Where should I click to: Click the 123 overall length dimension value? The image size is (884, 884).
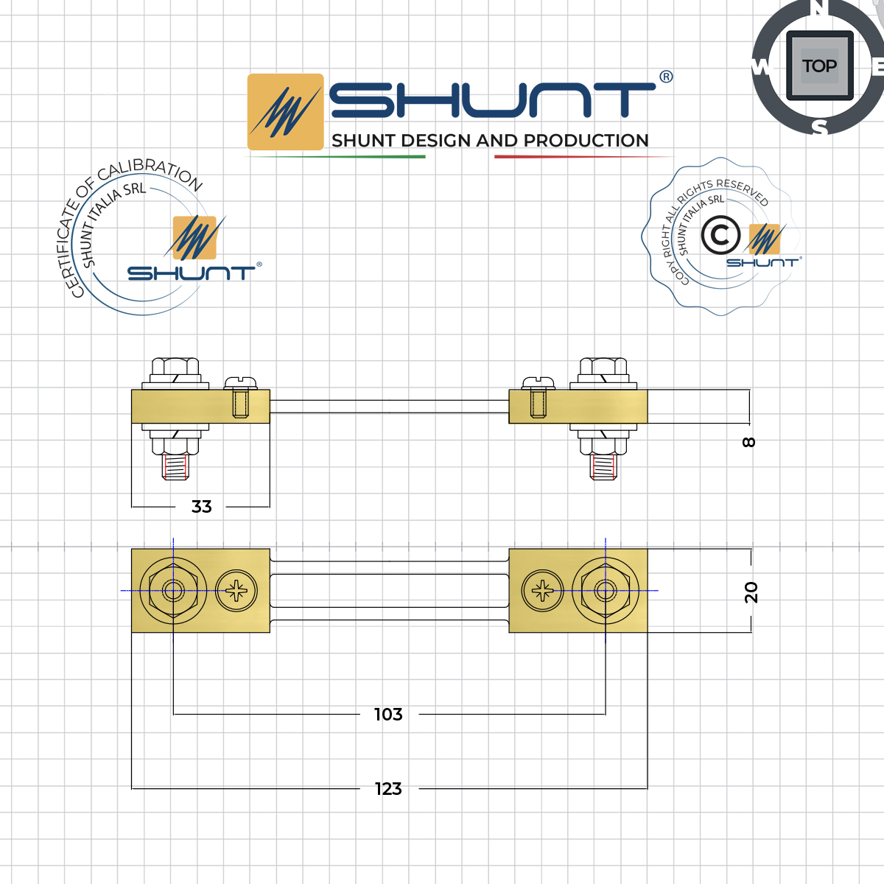click(388, 789)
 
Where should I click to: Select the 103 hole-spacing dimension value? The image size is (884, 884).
click(388, 715)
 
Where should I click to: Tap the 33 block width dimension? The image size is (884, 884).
click(201, 507)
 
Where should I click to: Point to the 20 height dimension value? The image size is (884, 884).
click(751, 592)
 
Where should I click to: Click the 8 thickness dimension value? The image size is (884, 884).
click(749, 442)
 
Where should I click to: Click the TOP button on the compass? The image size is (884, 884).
click(819, 66)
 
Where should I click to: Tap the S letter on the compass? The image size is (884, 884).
click(820, 128)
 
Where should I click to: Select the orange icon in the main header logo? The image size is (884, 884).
click(286, 112)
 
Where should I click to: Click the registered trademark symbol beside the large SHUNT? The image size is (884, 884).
click(665, 77)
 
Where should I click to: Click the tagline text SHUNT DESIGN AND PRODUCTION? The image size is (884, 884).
click(490, 141)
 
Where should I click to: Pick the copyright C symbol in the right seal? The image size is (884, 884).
click(720, 236)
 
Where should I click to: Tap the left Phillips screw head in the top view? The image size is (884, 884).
click(237, 591)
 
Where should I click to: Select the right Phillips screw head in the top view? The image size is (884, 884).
click(542, 591)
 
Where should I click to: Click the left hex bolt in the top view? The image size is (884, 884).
click(173, 591)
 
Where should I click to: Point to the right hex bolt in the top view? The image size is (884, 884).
click(606, 591)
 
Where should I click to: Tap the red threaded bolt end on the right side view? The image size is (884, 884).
click(603, 467)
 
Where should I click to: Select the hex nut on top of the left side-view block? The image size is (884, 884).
click(175, 368)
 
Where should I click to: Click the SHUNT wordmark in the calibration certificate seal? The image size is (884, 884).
click(191, 273)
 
